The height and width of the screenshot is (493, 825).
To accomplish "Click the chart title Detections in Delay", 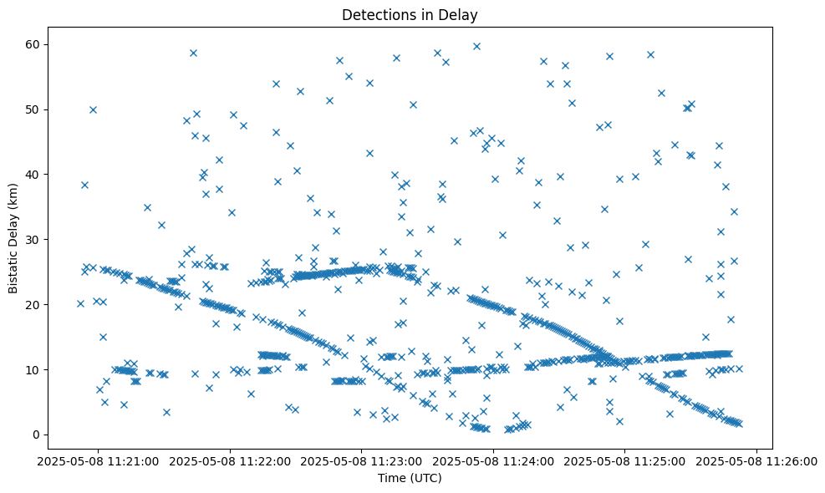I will [x=410, y=14].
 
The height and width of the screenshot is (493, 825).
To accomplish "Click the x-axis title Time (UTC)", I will [x=410, y=478].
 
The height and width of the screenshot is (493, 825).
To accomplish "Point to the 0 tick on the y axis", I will [x=38, y=435].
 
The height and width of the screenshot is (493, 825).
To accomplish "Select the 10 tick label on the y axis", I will [x=35, y=369].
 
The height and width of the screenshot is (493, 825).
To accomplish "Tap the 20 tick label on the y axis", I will [x=35, y=305].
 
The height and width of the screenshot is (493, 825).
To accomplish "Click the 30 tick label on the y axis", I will [x=35, y=240].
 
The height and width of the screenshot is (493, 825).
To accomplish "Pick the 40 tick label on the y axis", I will [x=35, y=175].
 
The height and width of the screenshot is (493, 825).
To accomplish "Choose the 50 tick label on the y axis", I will [x=35, y=109].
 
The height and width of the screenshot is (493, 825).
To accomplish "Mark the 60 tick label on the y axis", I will [x=35, y=44].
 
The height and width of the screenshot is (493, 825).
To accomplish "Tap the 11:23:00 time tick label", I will [x=363, y=460].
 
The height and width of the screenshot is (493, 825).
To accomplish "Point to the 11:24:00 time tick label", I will [x=494, y=460].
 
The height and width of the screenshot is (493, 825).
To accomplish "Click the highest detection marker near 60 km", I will [x=476, y=46].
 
